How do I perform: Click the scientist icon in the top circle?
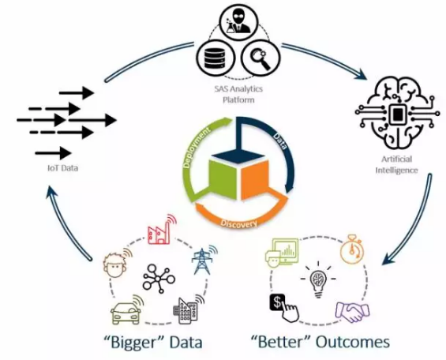click(x=238, y=21)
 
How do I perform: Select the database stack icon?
click(x=215, y=58)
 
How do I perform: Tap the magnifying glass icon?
click(x=260, y=59)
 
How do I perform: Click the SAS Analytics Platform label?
click(x=238, y=95)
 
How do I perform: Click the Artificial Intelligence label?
click(x=396, y=164)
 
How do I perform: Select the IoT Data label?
click(x=62, y=168)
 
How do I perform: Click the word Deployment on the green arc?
click(x=197, y=148)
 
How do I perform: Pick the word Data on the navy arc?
click(x=279, y=141)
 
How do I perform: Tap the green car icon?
click(x=126, y=310)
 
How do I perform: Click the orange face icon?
click(x=116, y=264)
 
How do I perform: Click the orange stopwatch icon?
click(x=351, y=249)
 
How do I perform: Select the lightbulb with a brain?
click(x=318, y=279)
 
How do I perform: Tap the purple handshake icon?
click(x=352, y=312)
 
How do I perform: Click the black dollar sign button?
click(x=283, y=308)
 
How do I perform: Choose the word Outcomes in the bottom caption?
click(x=353, y=342)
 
